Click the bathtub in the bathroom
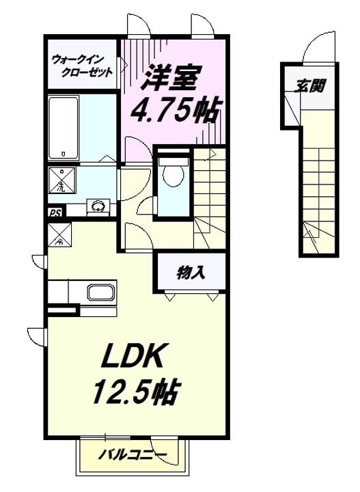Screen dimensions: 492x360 pos(64,126)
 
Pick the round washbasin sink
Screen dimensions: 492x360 pos(98,206)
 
